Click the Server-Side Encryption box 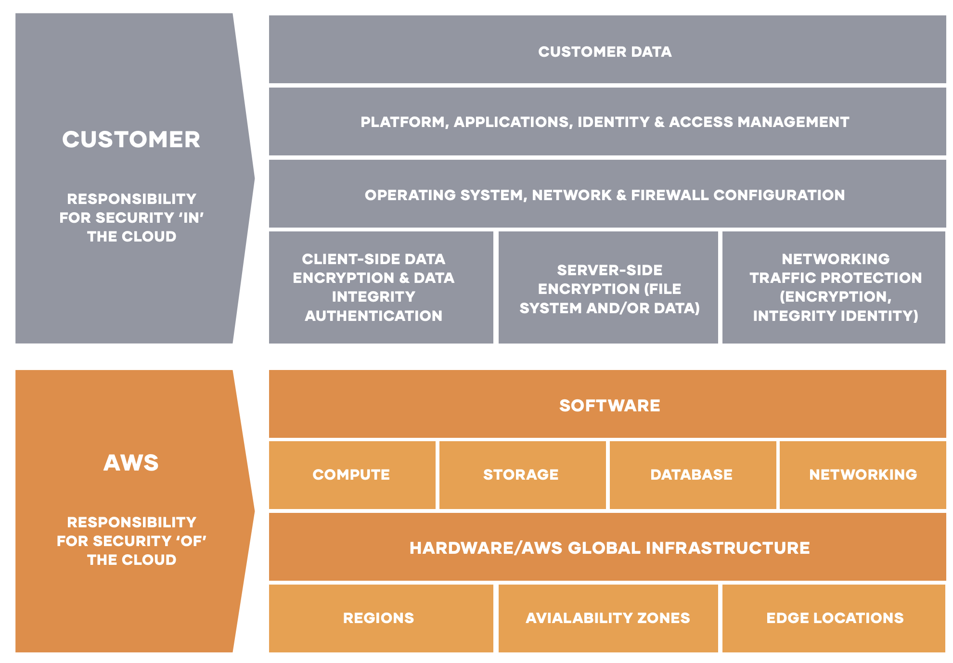click(x=608, y=288)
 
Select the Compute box click(x=352, y=474)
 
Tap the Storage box click(x=522, y=474)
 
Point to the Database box click(x=692, y=474)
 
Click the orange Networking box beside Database click(x=863, y=474)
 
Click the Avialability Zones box click(x=607, y=618)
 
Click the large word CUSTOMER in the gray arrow click(x=131, y=140)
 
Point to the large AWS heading click(x=131, y=463)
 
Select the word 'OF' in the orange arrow click(x=192, y=541)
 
